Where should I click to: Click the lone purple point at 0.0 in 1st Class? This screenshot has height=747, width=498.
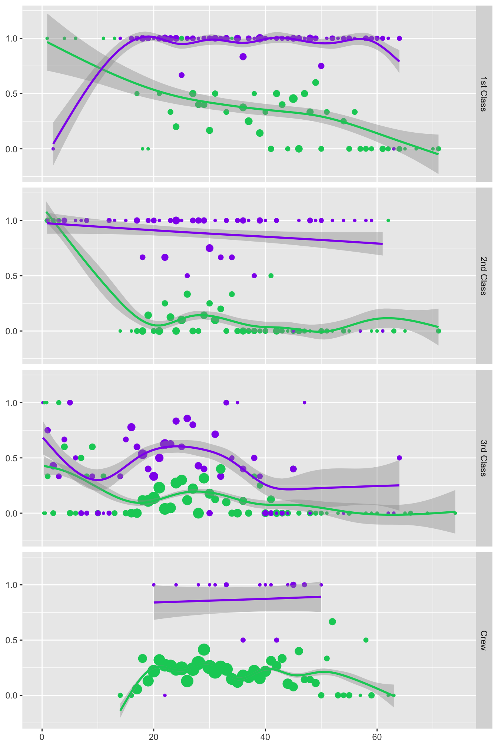pos(53,149)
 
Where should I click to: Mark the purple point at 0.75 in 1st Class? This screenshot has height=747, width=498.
pos(321,66)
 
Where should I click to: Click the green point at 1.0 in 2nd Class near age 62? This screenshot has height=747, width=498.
pos(388,220)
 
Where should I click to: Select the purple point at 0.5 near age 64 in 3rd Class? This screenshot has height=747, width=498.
pos(399,458)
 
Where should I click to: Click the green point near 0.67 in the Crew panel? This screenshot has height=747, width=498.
pos(332,621)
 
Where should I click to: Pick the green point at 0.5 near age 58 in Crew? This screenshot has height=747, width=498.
pos(366,640)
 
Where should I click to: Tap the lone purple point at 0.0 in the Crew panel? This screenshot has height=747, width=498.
pos(165,695)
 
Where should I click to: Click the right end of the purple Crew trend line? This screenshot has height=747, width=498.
pos(321,597)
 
